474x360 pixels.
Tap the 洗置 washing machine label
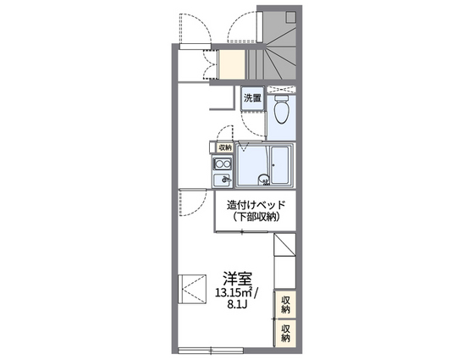coord(253,98)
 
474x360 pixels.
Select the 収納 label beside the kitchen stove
coord(224,147)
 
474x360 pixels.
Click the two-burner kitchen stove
coord(223,163)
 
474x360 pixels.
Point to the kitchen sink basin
coord(223,180)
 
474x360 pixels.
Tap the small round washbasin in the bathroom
coord(263,178)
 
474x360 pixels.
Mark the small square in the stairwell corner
coord(291,16)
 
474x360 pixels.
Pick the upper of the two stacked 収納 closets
coord(286,303)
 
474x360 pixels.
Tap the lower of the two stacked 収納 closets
coord(286,331)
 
